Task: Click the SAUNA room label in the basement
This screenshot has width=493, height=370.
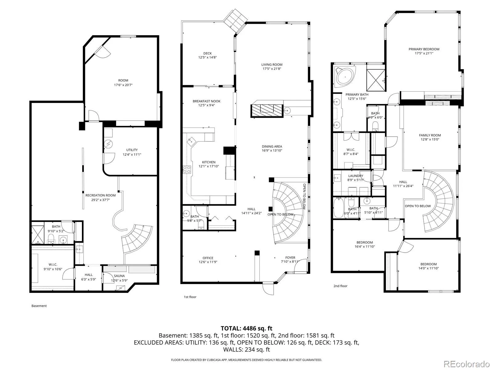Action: tap(119, 276)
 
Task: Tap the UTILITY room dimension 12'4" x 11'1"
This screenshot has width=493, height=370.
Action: tap(132, 154)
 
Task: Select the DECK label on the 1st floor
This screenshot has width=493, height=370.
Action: tap(207, 53)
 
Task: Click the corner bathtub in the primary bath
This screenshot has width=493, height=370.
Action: tap(345, 77)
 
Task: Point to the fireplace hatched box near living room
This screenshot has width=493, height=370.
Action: tap(267, 111)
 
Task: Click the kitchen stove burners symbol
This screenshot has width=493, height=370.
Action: tap(187, 170)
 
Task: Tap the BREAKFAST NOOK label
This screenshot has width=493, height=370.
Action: tap(206, 101)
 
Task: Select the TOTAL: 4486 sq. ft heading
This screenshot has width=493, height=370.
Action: tap(246, 328)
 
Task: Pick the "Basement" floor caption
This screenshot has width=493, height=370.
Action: tap(39, 306)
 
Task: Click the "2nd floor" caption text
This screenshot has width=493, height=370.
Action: tap(340, 286)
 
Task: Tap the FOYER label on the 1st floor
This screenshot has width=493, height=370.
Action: tap(290, 258)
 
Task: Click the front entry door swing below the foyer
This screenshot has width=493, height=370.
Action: tap(268, 288)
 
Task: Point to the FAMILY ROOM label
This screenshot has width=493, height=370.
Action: tap(430, 135)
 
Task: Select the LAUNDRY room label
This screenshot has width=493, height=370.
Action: tap(356, 176)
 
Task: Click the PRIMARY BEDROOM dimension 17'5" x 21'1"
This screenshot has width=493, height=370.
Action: tap(424, 53)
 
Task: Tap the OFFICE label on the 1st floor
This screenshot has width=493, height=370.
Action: tap(208, 258)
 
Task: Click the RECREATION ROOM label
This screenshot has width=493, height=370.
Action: tap(100, 195)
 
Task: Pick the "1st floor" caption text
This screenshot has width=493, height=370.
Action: tap(190, 297)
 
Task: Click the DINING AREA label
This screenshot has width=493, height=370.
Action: tap(272, 146)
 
